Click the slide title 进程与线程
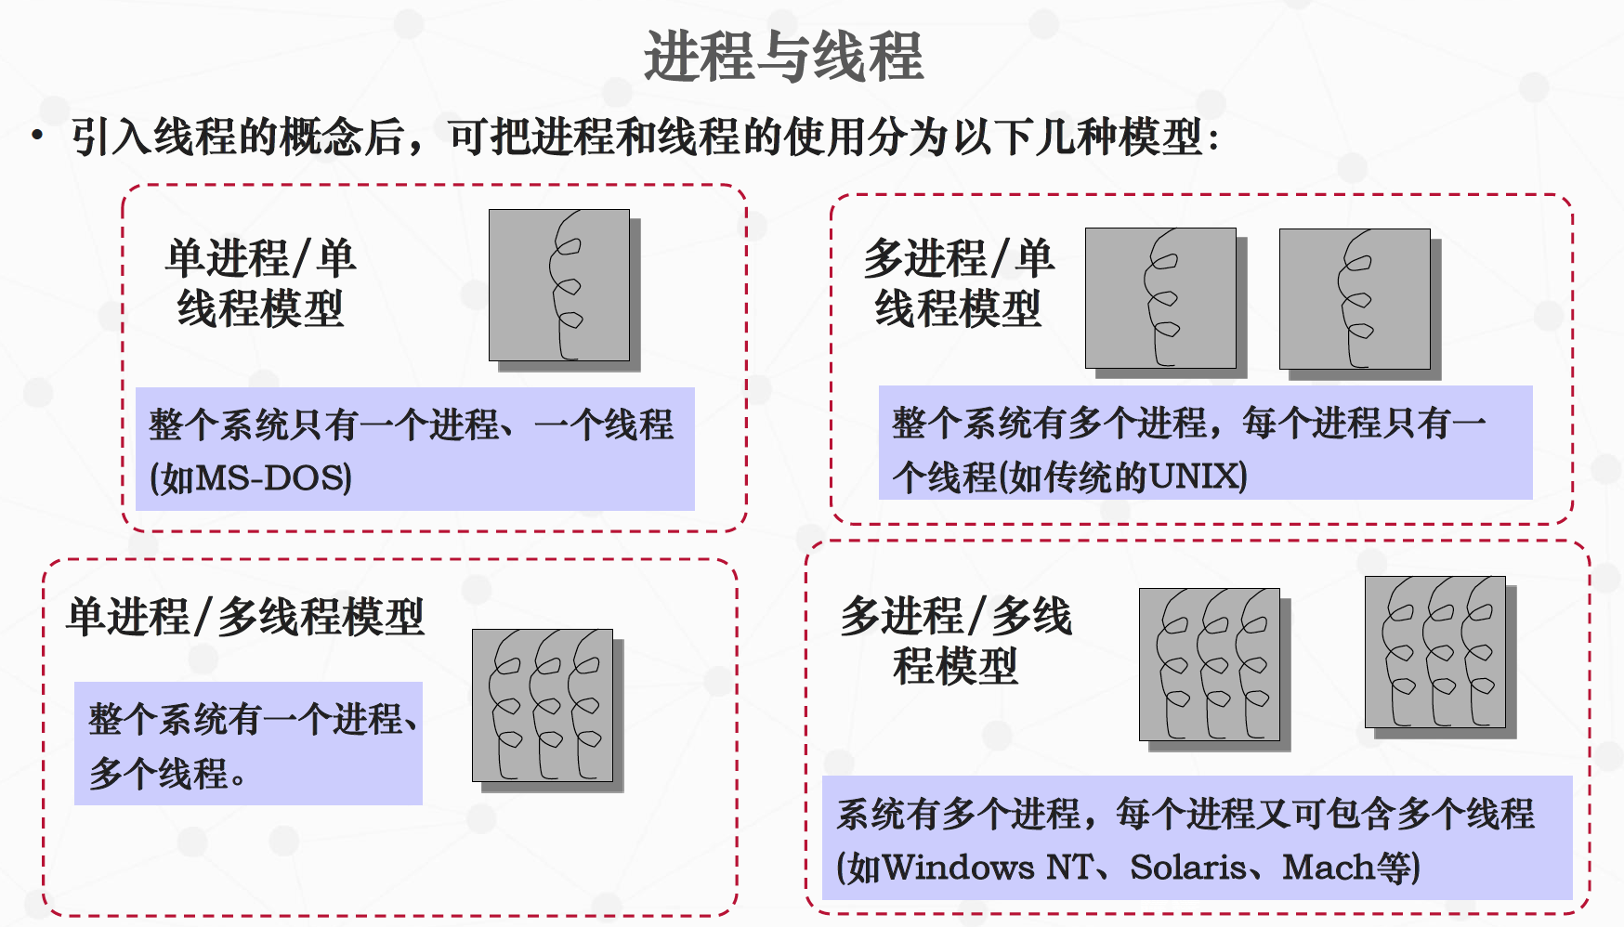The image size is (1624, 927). [x=783, y=57]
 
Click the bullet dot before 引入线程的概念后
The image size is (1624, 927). [x=37, y=137]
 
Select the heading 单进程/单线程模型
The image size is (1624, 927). [x=261, y=283]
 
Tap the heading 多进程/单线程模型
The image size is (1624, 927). [x=959, y=283]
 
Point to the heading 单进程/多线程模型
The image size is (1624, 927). [x=246, y=617]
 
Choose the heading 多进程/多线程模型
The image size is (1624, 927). [x=956, y=641]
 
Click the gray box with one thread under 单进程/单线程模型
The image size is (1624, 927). [x=559, y=285]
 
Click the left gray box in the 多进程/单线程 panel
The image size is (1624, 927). [x=1160, y=298]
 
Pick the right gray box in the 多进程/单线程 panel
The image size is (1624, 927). [x=1355, y=299]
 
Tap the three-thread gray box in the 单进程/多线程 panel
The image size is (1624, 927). [x=543, y=705]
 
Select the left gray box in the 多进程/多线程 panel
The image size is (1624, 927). [x=1210, y=664]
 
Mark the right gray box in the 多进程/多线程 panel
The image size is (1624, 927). [x=1435, y=652]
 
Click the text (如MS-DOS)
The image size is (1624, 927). [x=251, y=478]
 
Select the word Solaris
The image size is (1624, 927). [x=1188, y=868]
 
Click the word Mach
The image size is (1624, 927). [x=1329, y=868]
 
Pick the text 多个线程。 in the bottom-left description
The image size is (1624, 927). [x=168, y=773]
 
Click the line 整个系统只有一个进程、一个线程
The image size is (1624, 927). [x=411, y=425]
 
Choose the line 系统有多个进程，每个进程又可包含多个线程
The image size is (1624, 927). [x=1185, y=814]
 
